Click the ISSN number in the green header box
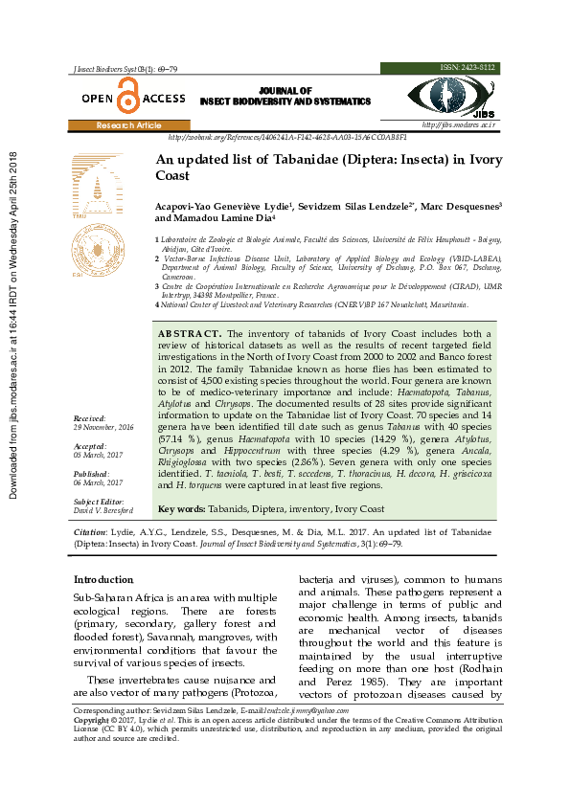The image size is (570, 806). click(x=467, y=68)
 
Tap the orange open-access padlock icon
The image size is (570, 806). click(x=127, y=97)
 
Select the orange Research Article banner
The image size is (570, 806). click(x=128, y=125)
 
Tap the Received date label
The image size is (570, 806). click(x=90, y=418)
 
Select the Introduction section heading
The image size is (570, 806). click(x=103, y=580)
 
